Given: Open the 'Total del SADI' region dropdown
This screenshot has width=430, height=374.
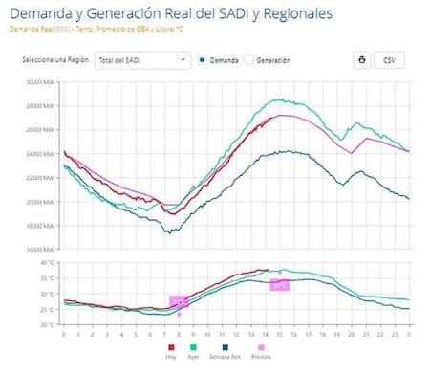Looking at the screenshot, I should (143, 60).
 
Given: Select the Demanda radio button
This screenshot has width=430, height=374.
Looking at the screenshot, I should (204, 60).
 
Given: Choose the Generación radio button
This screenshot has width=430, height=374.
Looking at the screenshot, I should (249, 60).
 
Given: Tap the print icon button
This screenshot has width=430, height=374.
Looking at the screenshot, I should (362, 60).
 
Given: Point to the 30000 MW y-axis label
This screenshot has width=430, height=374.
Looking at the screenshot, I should (40, 82).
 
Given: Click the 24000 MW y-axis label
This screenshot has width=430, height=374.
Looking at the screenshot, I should (40, 154).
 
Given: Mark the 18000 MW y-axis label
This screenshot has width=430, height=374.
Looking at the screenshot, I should (40, 226).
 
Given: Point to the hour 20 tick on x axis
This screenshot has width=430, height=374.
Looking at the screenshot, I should (352, 334).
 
